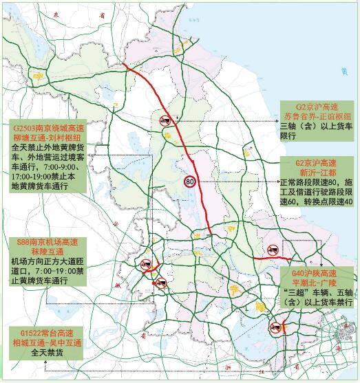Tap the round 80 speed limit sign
pos(189,182)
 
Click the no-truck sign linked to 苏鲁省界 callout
pos(165,121)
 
